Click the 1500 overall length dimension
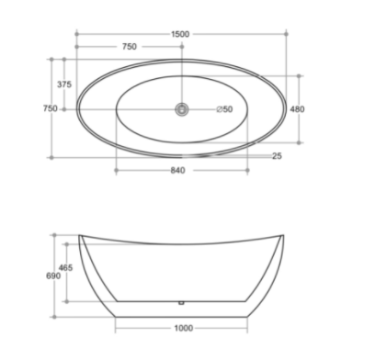click(x=180, y=34)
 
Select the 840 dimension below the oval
click(x=178, y=170)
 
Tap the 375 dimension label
click(x=64, y=84)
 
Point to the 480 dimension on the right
click(x=297, y=109)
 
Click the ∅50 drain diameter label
click(x=224, y=109)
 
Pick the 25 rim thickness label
click(x=277, y=156)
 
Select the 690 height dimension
click(x=53, y=276)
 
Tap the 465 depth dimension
click(x=66, y=268)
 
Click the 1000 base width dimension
click(x=184, y=328)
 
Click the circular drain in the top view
click(x=182, y=109)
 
